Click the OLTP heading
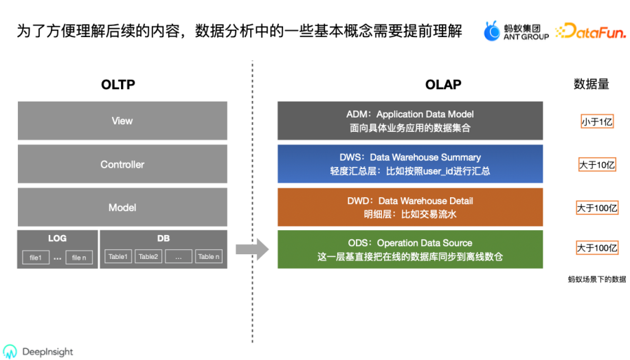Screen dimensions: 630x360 pos(118,85)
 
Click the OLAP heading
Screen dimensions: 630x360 pos(443,85)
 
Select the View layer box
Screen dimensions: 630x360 pos(122,120)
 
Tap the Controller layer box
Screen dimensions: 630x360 pos(122,164)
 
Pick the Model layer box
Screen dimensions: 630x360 pos(122,207)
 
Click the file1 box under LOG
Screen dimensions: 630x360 pos(36,258)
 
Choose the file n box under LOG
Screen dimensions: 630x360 pos(79,258)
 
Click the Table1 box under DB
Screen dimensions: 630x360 pos(118,256)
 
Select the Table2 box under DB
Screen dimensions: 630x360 pos(148,256)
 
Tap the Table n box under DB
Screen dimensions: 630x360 pos(209,256)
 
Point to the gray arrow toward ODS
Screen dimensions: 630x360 pos(252,249)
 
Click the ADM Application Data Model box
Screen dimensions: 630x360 pos(410,120)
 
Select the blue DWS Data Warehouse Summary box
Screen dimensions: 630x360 pos(410,164)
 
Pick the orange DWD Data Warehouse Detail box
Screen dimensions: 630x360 pos(410,207)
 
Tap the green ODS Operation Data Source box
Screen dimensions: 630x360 pos(410,249)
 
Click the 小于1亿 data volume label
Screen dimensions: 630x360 pos(597,122)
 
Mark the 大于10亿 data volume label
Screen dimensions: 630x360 pos(597,165)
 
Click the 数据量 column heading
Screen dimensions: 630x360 pos(592,85)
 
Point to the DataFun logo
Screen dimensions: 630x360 pos(591,31)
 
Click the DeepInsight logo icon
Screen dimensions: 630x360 pos(10,351)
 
